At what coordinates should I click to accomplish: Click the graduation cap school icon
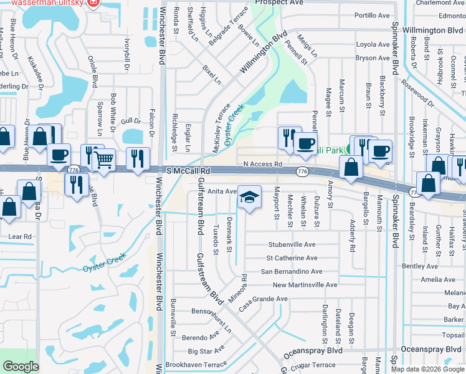[249, 198]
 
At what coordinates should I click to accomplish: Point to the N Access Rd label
[258, 163]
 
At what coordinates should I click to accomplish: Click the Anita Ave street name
[222, 191]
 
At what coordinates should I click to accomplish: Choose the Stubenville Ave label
[292, 244]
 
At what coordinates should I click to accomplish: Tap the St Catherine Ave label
[292, 258]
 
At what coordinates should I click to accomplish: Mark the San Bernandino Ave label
[291, 272]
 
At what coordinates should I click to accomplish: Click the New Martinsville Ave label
[305, 285]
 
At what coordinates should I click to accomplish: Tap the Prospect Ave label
[278, 2]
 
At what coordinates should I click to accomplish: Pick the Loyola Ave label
[373, 44]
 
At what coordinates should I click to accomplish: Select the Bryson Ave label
[373, 58]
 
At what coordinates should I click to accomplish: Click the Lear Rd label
[20, 237]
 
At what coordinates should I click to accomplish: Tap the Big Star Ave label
[206, 351]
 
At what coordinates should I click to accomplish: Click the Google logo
[21, 367]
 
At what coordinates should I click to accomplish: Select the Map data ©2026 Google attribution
[427, 369]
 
